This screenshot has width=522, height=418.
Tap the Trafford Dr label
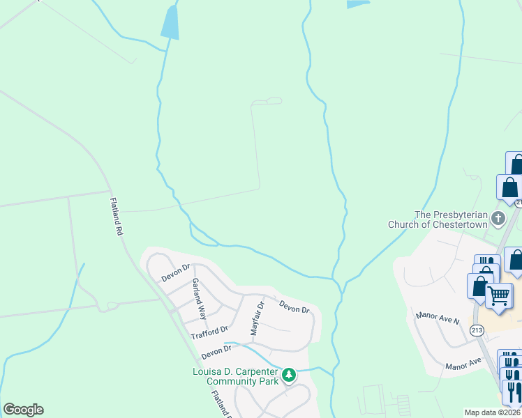coord(209,332)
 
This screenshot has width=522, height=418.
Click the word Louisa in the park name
coord(209,371)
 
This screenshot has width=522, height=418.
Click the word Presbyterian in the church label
coord(457,215)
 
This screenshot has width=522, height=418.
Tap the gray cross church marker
coord(498,219)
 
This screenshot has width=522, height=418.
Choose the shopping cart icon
coord(499,296)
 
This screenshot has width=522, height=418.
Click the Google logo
coord(23,410)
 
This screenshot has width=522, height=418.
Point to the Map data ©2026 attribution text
coord(492,412)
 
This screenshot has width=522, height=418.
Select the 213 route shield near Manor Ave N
coord(477,330)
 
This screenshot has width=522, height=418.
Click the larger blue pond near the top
coord(170,22)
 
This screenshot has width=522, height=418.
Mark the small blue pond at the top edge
coord(358,4)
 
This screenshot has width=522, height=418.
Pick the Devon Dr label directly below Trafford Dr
coord(216,352)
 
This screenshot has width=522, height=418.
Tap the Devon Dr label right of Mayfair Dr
coord(294,306)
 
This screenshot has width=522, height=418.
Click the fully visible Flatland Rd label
coord(116,216)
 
